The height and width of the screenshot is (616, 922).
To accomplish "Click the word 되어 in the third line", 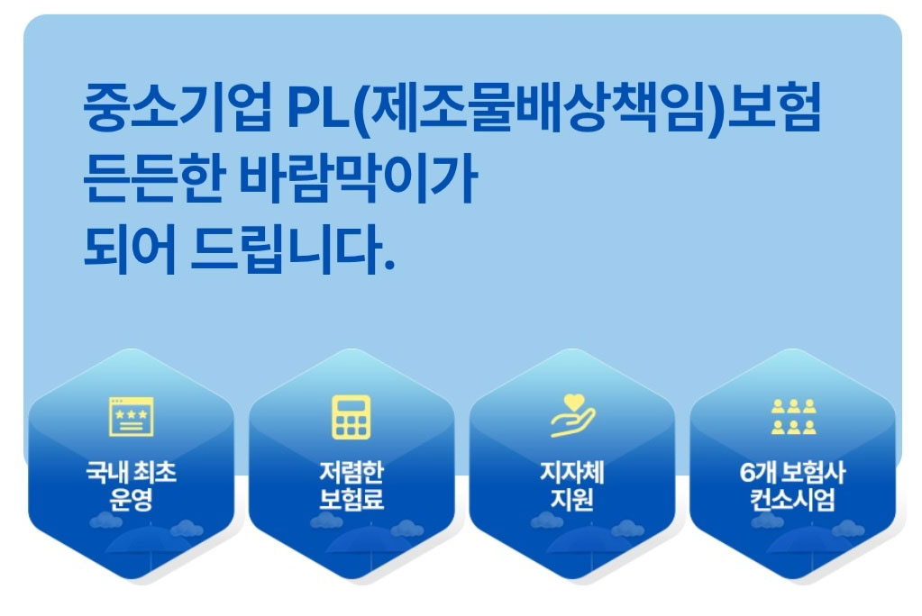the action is (130, 249).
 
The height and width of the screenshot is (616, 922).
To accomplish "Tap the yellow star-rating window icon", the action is (132, 417).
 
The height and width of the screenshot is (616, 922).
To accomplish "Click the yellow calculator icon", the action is (351, 417).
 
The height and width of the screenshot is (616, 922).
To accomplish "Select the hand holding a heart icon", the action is (572, 415).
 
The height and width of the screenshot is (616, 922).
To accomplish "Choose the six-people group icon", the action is (794, 417).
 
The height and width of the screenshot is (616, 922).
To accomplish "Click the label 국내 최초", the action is (131, 472).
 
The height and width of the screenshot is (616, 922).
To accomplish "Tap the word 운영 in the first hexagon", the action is (131, 500).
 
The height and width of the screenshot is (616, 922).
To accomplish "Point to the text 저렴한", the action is (351, 472).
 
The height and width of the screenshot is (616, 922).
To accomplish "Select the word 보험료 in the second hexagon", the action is (351, 500).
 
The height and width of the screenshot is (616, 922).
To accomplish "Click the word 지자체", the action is (572, 472).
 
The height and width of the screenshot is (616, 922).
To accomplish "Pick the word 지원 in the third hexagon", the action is (572, 500).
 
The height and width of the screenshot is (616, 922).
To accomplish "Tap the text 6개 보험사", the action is (792, 472).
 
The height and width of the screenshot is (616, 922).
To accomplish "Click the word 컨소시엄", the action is (792, 500).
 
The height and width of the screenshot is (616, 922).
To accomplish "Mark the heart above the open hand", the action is (574, 402).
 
